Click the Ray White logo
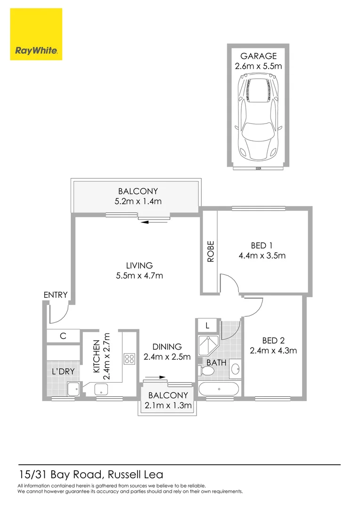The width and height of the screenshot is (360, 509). [36, 34]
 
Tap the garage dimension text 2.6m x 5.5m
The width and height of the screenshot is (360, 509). [258, 66]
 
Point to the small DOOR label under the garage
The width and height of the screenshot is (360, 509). [258, 168]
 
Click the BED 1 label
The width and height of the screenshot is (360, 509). [262, 245]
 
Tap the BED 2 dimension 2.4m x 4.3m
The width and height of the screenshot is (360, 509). [273, 351]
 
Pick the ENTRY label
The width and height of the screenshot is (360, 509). [56, 295]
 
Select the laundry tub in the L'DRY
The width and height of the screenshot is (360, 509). [74, 389]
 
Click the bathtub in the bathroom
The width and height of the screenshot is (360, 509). [219, 389]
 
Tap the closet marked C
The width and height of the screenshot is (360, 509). [62, 336]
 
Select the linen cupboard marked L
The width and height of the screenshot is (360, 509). [207, 325]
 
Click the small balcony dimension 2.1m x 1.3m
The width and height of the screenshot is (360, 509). [168, 405]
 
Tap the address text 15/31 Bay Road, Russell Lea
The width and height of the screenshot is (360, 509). [90, 475]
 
